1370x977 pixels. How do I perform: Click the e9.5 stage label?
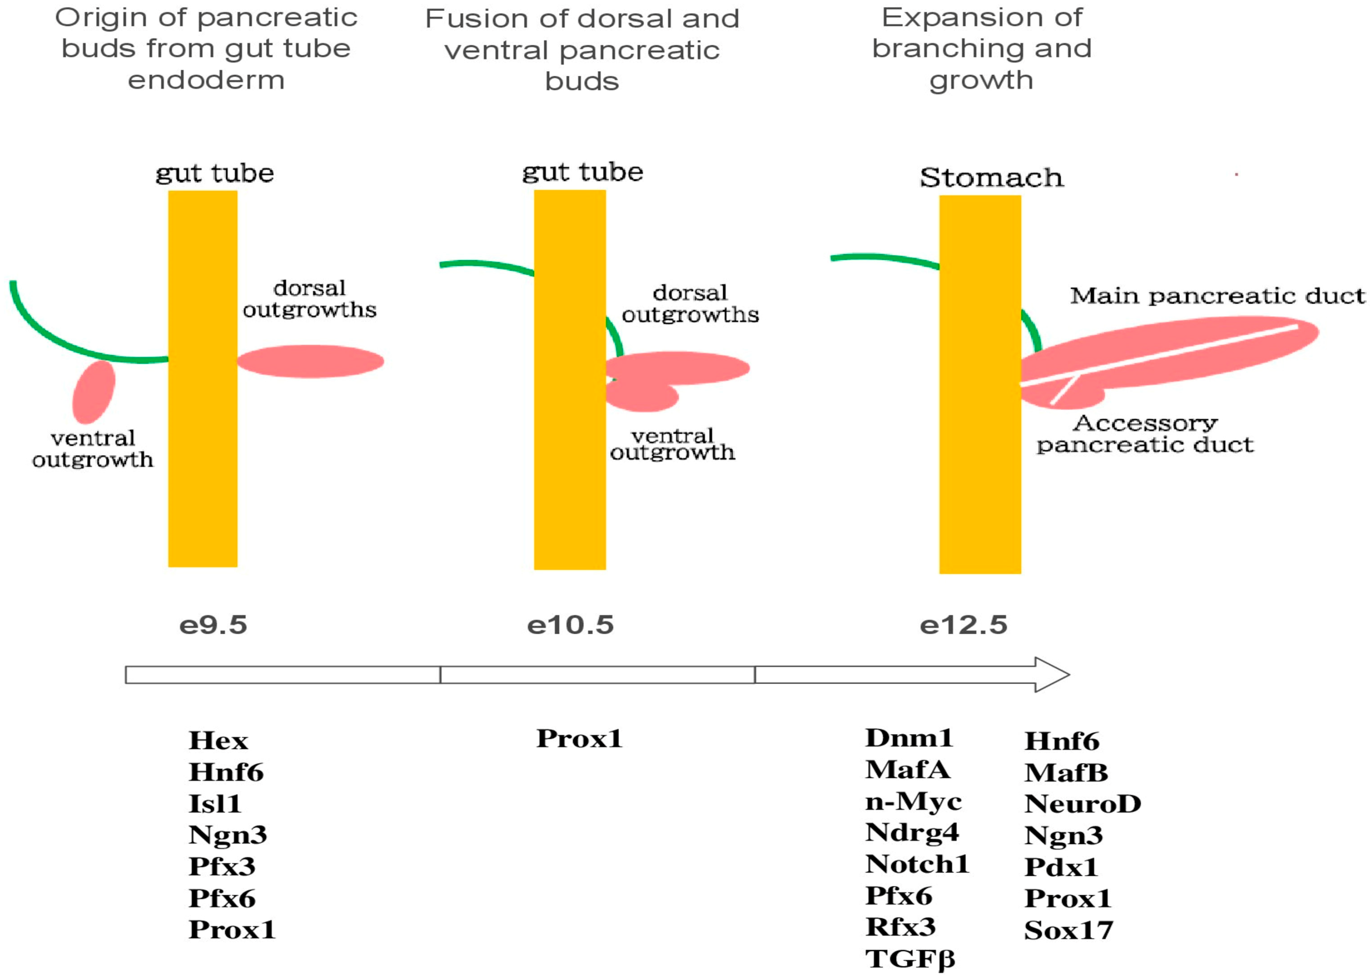[x=213, y=625]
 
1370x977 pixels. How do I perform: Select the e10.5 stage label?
[x=570, y=625]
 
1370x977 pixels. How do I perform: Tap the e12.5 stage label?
[x=963, y=625]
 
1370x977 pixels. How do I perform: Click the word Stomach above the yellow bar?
[x=991, y=178]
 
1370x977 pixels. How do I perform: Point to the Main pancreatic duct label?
[x=1217, y=296]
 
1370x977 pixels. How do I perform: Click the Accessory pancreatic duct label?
[x=1145, y=434]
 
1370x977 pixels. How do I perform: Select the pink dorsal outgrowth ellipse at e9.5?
[x=310, y=361]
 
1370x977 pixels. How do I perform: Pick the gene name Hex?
[x=218, y=740]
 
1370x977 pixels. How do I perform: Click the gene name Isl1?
[x=215, y=804]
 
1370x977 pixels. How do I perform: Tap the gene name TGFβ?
[x=910, y=959]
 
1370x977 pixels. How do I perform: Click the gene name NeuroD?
[x=1082, y=804]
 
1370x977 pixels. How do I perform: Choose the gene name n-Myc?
[x=913, y=801]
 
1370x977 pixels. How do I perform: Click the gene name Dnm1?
[x=908, y=738]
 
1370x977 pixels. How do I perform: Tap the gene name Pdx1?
[x=1061, y=867]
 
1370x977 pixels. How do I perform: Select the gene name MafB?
[x=1065, y=773]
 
